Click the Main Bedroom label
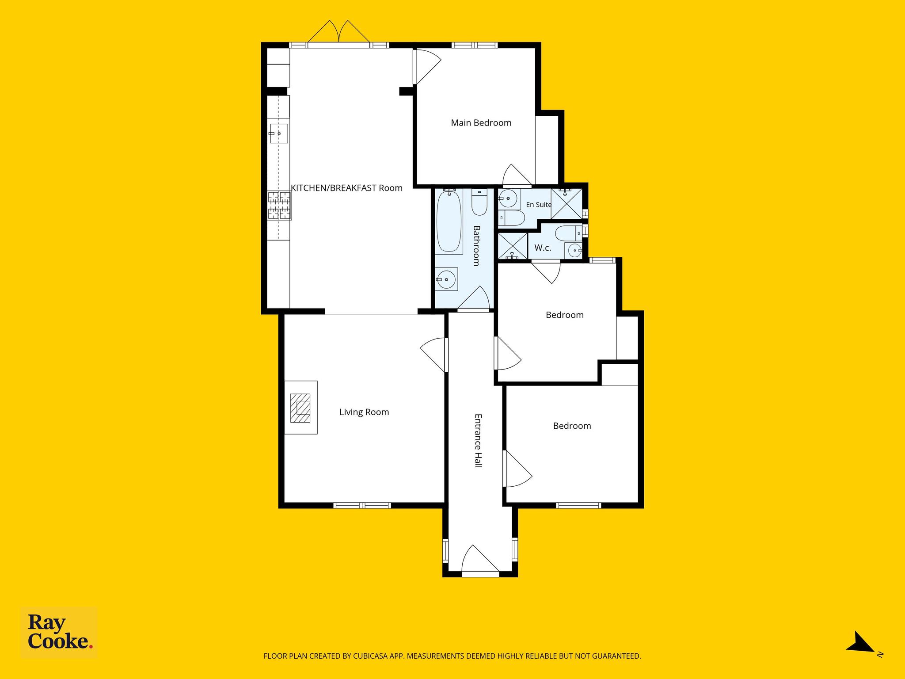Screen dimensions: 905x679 pos(481,123)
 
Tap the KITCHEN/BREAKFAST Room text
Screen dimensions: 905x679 pos(346,188)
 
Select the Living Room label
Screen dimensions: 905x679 pos(364,412)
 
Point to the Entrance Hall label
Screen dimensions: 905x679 pos(478,441)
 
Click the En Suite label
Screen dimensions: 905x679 pos(539,205)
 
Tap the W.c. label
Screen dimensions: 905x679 pos(543,248)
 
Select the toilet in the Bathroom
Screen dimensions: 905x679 pos(479,202)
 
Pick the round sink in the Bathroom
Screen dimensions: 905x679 pos(446,279)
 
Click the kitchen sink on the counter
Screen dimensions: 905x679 pos(279,134)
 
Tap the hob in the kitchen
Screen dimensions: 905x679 pos(279,206)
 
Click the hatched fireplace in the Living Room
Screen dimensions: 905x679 pos(300,407)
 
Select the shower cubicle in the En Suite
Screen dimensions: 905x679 pos(567,203)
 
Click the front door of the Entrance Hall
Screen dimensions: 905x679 pos(480,560)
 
